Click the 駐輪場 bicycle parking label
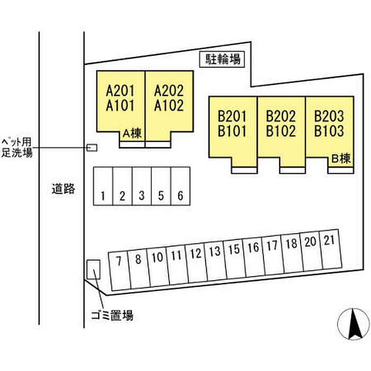pos(223,59)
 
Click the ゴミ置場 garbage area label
pos(111,316)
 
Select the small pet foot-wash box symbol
pos(92,147)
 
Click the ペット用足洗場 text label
pos(17,147)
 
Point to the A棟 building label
pos(132,134)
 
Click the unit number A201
pos(121,90)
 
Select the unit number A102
pos(169,105)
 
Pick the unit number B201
pos(232,116)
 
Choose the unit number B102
pos(281,131)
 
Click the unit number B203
pos(329,116)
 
